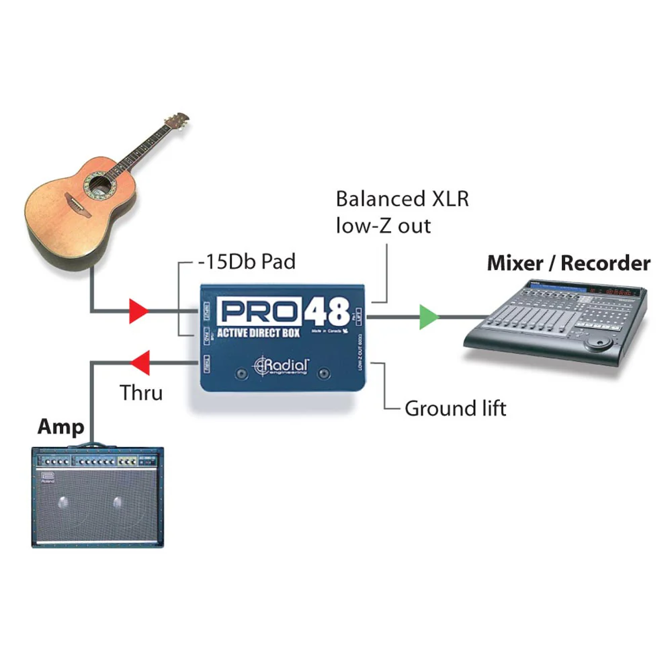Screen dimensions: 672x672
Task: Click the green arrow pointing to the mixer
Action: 428,317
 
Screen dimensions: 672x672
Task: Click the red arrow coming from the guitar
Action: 138,311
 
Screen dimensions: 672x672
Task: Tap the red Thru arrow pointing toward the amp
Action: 138,363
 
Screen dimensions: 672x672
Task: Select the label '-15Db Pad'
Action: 247,261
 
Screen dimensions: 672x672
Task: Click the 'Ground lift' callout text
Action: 455,408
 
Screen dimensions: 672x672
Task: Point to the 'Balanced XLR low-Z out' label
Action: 402,212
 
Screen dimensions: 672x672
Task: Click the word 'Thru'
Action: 141,392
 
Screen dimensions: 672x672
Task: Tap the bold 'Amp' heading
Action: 61,427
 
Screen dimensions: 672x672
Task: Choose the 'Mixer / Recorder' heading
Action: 569,263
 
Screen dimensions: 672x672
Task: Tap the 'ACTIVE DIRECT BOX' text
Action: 258,334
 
